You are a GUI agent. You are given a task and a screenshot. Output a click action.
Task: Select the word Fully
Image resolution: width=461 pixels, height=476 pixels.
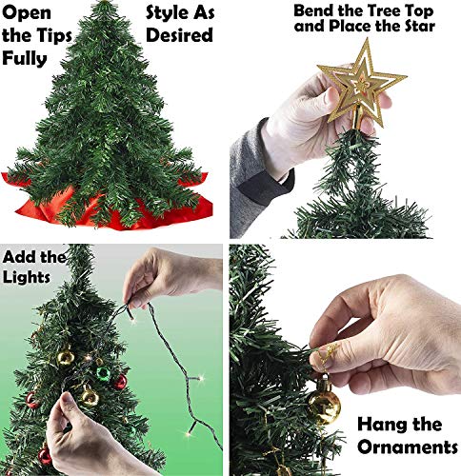(x=29, y=60)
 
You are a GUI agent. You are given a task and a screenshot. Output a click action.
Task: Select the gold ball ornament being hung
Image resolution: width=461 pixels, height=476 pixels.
(x=324, y=405)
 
